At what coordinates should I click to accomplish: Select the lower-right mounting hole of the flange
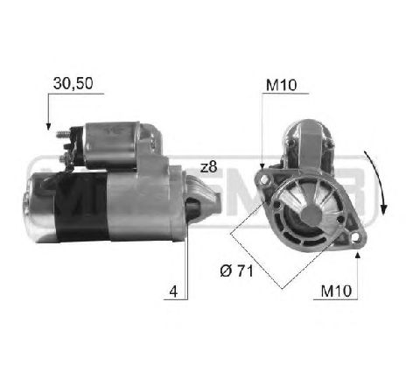tap(356, 235)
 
